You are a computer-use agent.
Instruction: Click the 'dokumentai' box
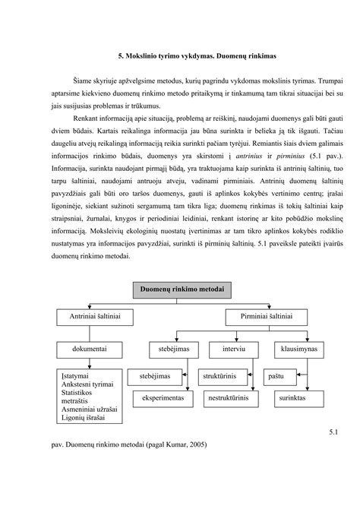(x=90, y=349)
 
